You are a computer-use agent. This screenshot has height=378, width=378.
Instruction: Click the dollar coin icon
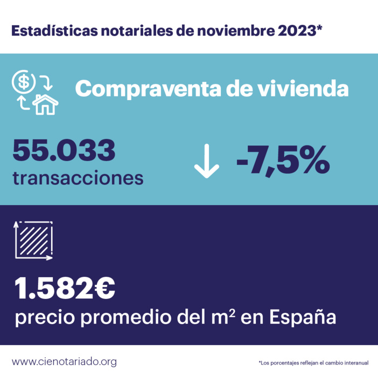(x=24, y=82)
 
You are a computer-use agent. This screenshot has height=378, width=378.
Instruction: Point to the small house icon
(x=45, y=104)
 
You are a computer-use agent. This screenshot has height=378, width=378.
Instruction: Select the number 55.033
(x=64, y=150)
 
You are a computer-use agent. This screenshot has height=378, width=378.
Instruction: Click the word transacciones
(x=78, y=177)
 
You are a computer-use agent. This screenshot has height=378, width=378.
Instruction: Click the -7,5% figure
(x=283, y=160)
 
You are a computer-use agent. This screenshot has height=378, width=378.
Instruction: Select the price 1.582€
(x=65, y=290)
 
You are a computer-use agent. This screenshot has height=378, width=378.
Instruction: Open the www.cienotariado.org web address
(x=64, y=361)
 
